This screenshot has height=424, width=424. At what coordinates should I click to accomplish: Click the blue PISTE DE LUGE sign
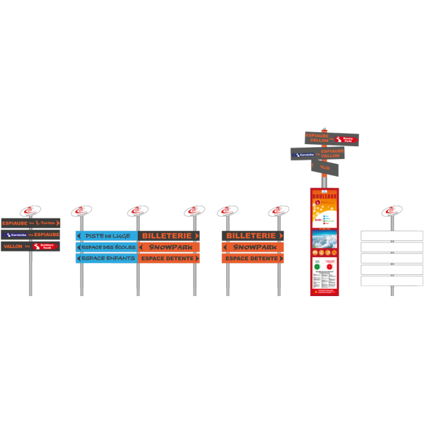point(107,235)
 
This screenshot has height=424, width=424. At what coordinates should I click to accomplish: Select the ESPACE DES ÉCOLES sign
point(107,247)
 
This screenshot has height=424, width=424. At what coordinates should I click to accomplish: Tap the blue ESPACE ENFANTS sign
point(107,259)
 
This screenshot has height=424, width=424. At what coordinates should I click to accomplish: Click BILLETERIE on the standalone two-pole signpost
point(252,235)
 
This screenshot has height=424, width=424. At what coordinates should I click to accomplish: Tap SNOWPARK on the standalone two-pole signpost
point(252,247)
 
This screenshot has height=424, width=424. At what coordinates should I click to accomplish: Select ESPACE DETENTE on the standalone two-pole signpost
point(252,259)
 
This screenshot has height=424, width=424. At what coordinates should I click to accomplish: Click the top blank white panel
point(391,235)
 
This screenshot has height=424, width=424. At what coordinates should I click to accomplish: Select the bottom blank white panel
point(391,281)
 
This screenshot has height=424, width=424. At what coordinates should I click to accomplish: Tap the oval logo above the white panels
point(391,211)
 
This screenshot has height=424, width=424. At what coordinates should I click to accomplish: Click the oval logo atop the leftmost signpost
point(30,210)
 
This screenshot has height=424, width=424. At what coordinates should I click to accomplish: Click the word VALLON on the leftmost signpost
point(13,247)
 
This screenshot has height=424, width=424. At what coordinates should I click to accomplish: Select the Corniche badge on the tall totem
point(304,154)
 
